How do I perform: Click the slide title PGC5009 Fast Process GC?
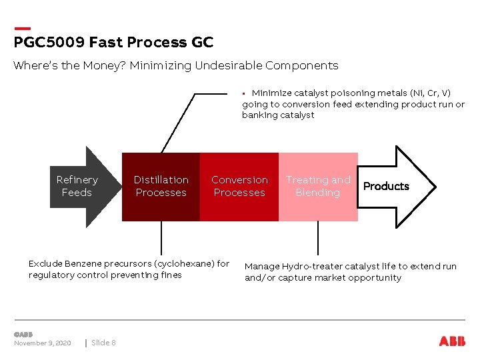coord(113,43)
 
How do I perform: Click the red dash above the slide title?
coord(22,28)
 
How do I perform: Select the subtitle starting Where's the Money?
coord(176,65)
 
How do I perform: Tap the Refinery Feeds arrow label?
coord(77,186)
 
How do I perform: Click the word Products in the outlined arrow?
coord(386,186)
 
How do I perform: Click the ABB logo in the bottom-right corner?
coord(452,341)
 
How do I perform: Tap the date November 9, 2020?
coord(43,343)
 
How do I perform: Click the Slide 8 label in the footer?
coord(103,343)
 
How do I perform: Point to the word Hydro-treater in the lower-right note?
coord(311,266)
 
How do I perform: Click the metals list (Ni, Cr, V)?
coord(429,93)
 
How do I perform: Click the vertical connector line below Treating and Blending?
coord(318,237)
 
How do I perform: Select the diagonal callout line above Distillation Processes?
coord(177,123)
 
